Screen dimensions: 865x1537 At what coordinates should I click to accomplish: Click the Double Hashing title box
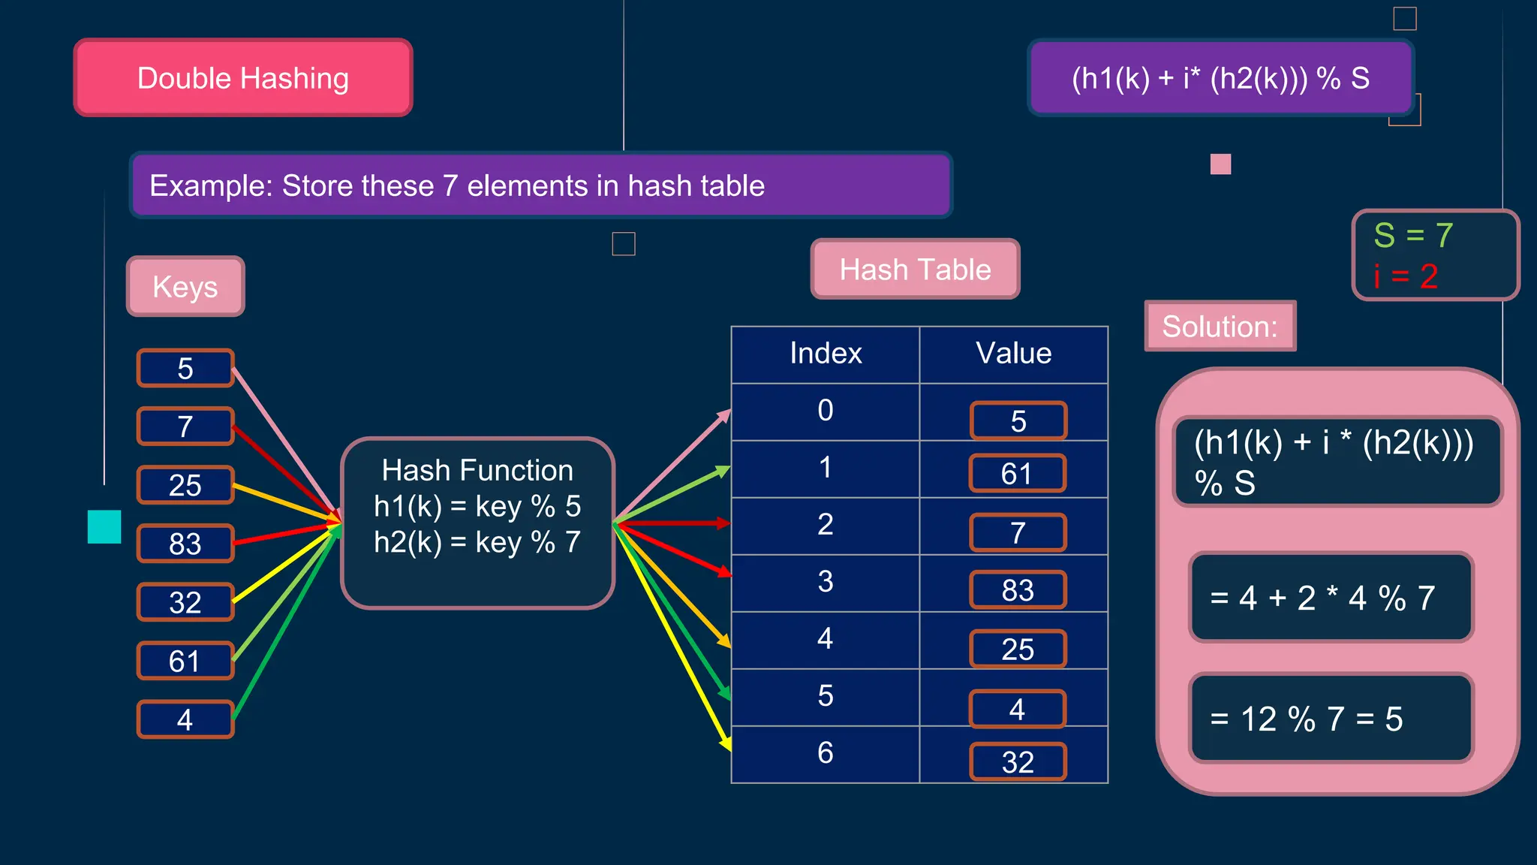[x=243, y=78]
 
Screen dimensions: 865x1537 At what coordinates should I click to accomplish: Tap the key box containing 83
[x=185, y=544]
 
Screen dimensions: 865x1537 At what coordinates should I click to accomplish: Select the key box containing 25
[x=185, y=485]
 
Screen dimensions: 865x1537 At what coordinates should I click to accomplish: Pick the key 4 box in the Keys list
[x=185, y=719]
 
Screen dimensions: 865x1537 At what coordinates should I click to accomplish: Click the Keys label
[x=185, y=287]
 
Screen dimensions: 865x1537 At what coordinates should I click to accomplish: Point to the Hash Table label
[x=915, y=270]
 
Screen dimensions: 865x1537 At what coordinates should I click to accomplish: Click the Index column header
[x=826, y=354]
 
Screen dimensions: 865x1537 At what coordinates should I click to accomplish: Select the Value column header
[x=1013, y=354]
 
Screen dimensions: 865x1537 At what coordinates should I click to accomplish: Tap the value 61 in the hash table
[x=1017, y=474]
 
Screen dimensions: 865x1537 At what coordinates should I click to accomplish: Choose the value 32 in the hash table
[x=1018, y=762]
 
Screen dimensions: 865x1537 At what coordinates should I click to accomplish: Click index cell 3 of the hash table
[x=826, y=582]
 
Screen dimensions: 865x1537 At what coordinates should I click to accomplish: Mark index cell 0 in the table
[x=826, y=411]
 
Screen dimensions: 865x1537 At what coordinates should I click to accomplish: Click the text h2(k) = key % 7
[x=477, y=542]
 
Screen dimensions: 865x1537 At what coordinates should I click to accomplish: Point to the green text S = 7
[x=1413, y=236]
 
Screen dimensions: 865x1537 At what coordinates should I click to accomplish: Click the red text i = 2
[x=1406, y=276]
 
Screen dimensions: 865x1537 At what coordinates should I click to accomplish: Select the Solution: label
[x=1220, y=327]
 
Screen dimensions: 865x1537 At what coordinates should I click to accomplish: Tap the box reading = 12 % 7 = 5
[x=1331, y=719]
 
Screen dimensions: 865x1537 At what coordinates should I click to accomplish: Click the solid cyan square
[x=104, y=526]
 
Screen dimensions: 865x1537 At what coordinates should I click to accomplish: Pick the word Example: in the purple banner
[x=211, y=186]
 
